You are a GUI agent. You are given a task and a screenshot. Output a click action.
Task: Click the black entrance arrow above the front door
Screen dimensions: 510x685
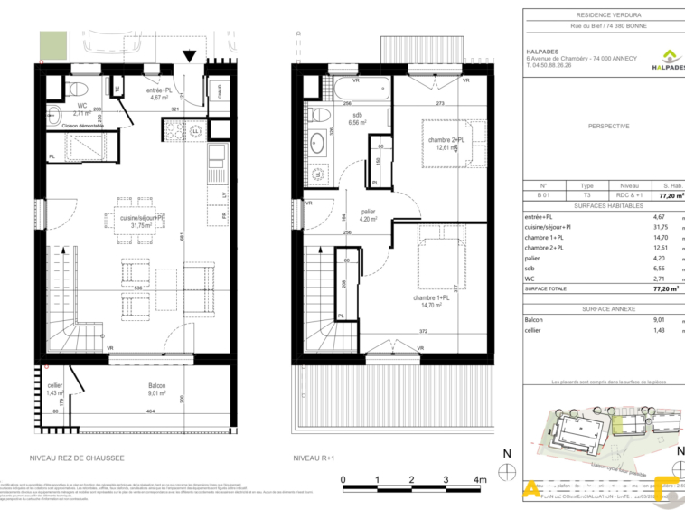[x=188, y=56]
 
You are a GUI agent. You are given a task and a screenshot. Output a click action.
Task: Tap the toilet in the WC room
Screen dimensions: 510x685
[x=76, y=90]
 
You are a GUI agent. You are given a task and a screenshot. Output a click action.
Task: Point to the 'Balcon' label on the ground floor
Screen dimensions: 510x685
[x=157, y=386]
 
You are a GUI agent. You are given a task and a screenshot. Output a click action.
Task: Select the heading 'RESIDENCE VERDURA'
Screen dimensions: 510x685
[x=602, y=15]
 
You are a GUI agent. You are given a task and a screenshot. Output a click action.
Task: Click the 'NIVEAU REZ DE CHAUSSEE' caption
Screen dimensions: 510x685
[x=77, y=458]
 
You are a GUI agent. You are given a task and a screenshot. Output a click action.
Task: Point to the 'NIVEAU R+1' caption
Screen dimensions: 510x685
[x=314, y=458]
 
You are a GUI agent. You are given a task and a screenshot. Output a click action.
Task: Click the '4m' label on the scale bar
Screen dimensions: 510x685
[x=480, y=480]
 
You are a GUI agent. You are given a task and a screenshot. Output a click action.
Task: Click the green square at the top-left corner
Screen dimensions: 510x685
[x=53, y=42]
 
